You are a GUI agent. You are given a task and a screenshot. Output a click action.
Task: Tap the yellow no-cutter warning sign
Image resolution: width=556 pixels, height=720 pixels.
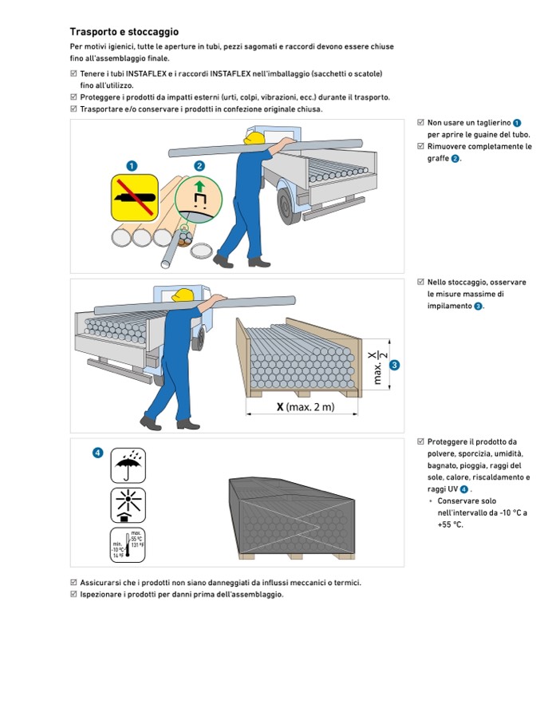click(132, 199)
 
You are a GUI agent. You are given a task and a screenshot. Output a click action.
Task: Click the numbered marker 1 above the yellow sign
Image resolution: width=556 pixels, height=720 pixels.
click(132, 165)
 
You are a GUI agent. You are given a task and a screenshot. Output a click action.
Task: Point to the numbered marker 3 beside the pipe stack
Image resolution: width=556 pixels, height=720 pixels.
click(394, 366)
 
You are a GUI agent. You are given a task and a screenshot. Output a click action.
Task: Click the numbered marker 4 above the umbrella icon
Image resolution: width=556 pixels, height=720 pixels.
click(97, 453)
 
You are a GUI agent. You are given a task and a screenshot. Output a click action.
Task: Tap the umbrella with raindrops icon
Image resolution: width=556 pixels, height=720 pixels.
click(128, 465)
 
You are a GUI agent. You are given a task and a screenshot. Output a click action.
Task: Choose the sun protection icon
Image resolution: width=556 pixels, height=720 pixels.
click(128, 505)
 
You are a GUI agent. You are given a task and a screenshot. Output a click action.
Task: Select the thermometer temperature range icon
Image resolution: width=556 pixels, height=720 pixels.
click(128, 545)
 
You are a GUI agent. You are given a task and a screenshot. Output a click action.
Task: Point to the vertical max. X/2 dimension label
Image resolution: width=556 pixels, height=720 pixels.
click(379, 366)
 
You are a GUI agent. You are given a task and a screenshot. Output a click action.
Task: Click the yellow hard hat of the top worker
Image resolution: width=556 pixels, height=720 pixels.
click(254, 139)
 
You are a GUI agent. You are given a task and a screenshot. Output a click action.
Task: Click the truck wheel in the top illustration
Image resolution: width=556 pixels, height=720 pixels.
click(288, 205)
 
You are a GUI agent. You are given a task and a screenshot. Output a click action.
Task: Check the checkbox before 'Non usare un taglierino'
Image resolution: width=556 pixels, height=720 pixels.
click(420, 123)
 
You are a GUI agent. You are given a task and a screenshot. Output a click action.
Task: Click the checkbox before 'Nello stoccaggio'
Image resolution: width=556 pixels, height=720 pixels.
click(420, 283)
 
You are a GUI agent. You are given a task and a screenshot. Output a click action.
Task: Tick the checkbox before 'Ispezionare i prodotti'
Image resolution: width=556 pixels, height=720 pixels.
click(74, 594)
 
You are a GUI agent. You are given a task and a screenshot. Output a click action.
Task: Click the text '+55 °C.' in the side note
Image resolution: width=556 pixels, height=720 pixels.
click(450, 524)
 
